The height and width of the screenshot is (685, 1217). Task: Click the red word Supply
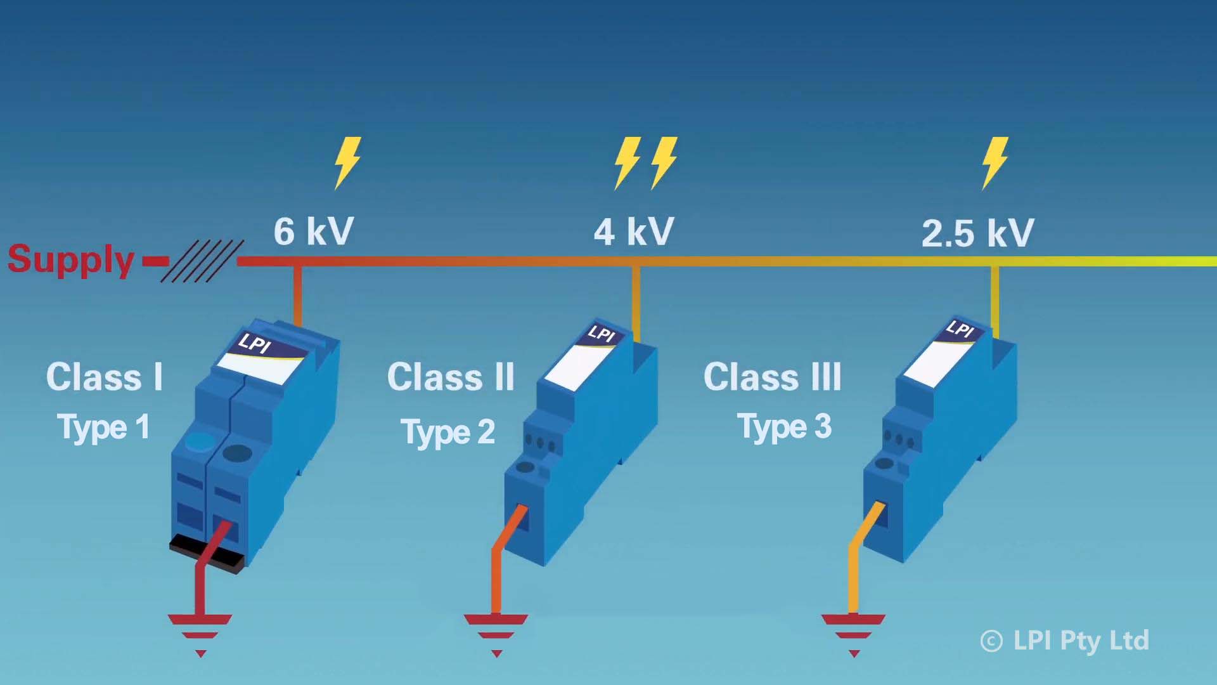click(x=71, y=259)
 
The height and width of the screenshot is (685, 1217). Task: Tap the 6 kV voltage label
click(x=314, y=231)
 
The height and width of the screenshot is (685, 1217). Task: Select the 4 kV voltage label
click(x=634, y=231)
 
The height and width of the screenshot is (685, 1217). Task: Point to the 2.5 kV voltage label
click(x=977, y=233)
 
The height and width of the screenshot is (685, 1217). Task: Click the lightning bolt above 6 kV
click(x=347, y=162)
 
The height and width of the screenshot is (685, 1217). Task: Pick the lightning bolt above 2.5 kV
click(x=995, y=162)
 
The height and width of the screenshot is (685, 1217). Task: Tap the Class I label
click(x=105, y=377)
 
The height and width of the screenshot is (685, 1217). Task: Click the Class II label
click(x=451, y=377)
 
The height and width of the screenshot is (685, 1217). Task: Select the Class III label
click(x=773, y=377)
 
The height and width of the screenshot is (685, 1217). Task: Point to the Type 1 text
click(x=104, y=427)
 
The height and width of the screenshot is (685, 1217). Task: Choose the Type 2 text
click(x=448, y=432)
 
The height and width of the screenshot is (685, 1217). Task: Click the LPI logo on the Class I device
click(x=255, y=343)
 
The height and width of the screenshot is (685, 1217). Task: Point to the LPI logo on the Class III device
click(x=960, y=329)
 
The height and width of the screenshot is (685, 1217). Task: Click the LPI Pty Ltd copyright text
click(x=1065, y=641)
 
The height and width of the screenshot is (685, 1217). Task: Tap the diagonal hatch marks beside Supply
click(x=202, y=261)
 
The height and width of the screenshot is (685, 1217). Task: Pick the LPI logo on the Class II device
click(x=601, y=333)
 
